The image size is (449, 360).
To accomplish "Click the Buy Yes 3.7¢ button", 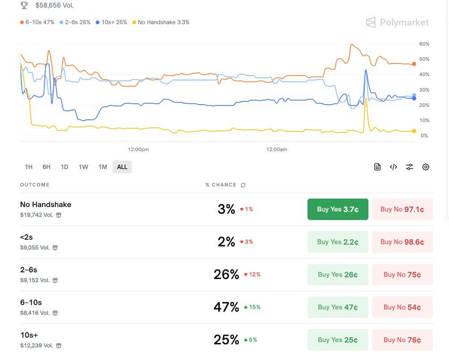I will pyautogui.click(x=338, y=209).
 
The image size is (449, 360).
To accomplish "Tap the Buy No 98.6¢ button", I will pyautogui.click(x=402, y=242).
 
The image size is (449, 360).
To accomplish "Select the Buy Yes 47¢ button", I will pyautogui.click(x=338, y=307).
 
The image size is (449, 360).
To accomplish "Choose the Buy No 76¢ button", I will pyautogui.click(x=402, y=340).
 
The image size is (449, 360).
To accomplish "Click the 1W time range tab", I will pyautogui.click(x=83, y=167).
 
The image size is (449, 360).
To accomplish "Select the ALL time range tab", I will pyautogui.click(x=122, y=167).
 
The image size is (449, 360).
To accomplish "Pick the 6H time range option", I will pyautogui.click(x=47, y=167).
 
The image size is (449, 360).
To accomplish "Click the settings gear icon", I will pyautogui.click(x=426, y=167).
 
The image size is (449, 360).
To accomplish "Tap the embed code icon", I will pyautogui.click(x=393, y=167).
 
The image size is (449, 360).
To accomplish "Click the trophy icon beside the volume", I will pyautogui.click(x=24, y=6).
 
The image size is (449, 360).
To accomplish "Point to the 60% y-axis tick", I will pyautogui.click(x=424, y=44).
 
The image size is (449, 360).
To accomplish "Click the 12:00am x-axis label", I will pyautogui.click(x=277, y=149).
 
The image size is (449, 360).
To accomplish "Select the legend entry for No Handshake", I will pyautogui.click(x=161, y=22).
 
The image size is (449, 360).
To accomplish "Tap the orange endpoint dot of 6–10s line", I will pyautogui.click(x=414, y=64).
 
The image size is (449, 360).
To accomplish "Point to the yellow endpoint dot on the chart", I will pyautogui.click(x=414, y=131).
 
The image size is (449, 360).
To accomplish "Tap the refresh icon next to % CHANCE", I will pyautogui.click(x=243, y=185).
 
